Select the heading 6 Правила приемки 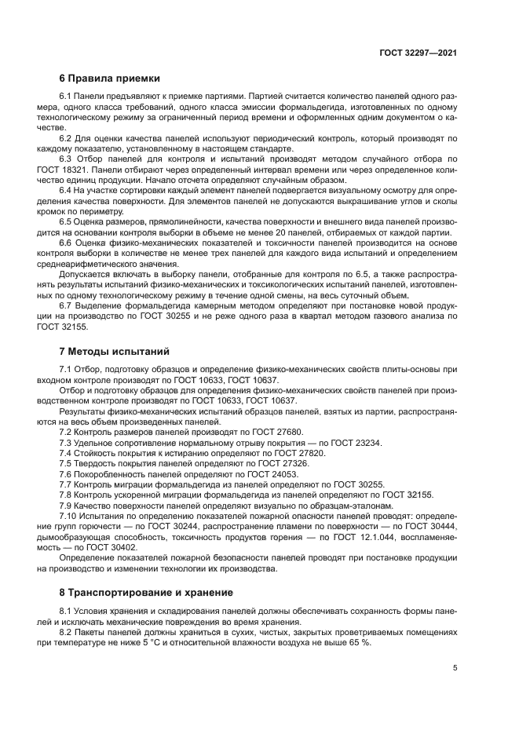click(x=110, y=79)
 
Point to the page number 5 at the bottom click(x=455, y=669)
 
